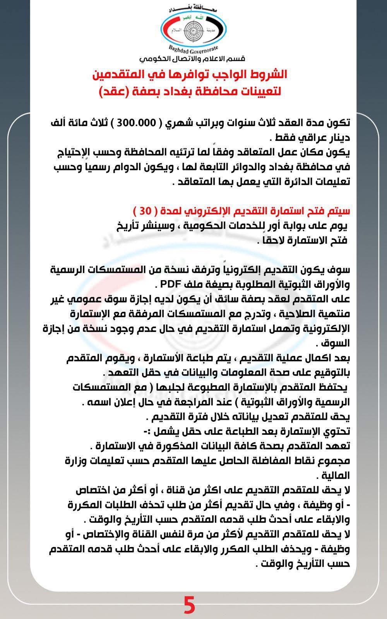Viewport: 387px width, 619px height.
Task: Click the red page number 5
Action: (189, 605)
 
